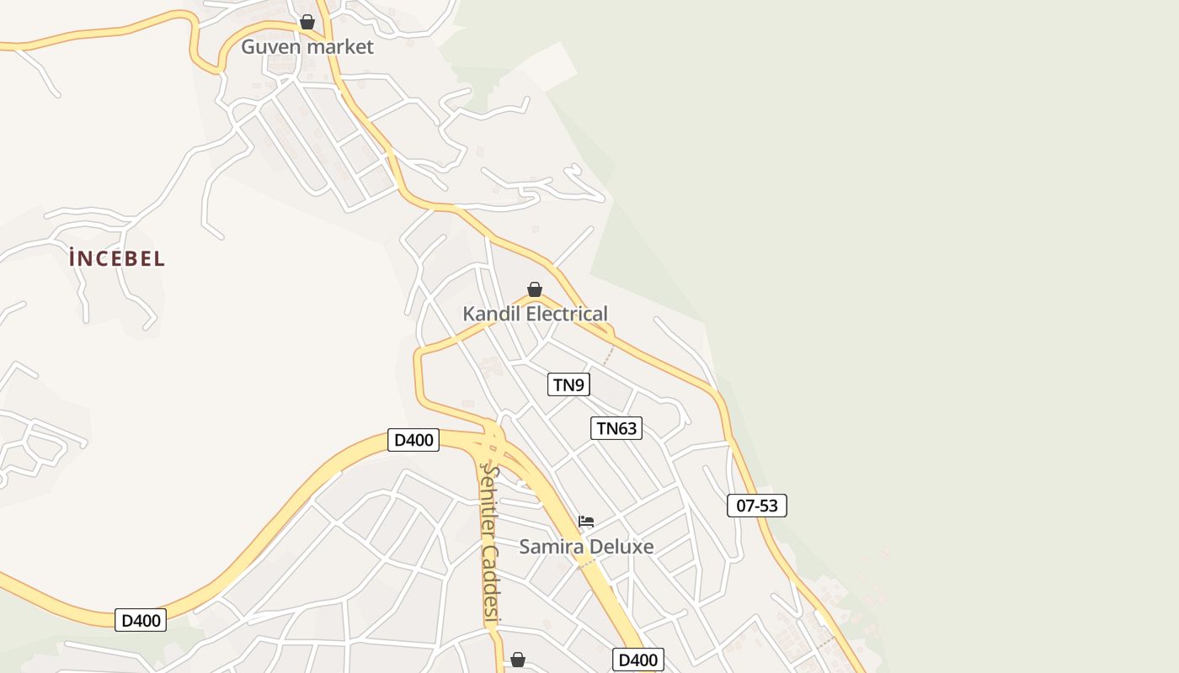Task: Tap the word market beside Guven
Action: pos(339,47)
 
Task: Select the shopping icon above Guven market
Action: pos(307,22)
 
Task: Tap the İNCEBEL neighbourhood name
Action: pos(117,259)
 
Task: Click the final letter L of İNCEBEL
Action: pos(159,259)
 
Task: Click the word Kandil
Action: pos(492,315)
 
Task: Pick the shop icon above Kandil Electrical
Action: pos(535,290)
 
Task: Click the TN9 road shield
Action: pos(568,385)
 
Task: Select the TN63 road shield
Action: pos(616,428)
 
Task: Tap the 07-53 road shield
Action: pos(757,506)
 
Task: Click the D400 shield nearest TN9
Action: pos(413,440)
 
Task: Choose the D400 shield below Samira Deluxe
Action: pos(638,660)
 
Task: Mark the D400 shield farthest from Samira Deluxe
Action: pos(141,621)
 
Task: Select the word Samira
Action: pos(551,547)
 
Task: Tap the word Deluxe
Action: pos(621,547)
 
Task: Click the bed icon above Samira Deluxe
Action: pos(586,522)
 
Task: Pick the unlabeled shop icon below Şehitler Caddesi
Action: pos(518,660)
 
